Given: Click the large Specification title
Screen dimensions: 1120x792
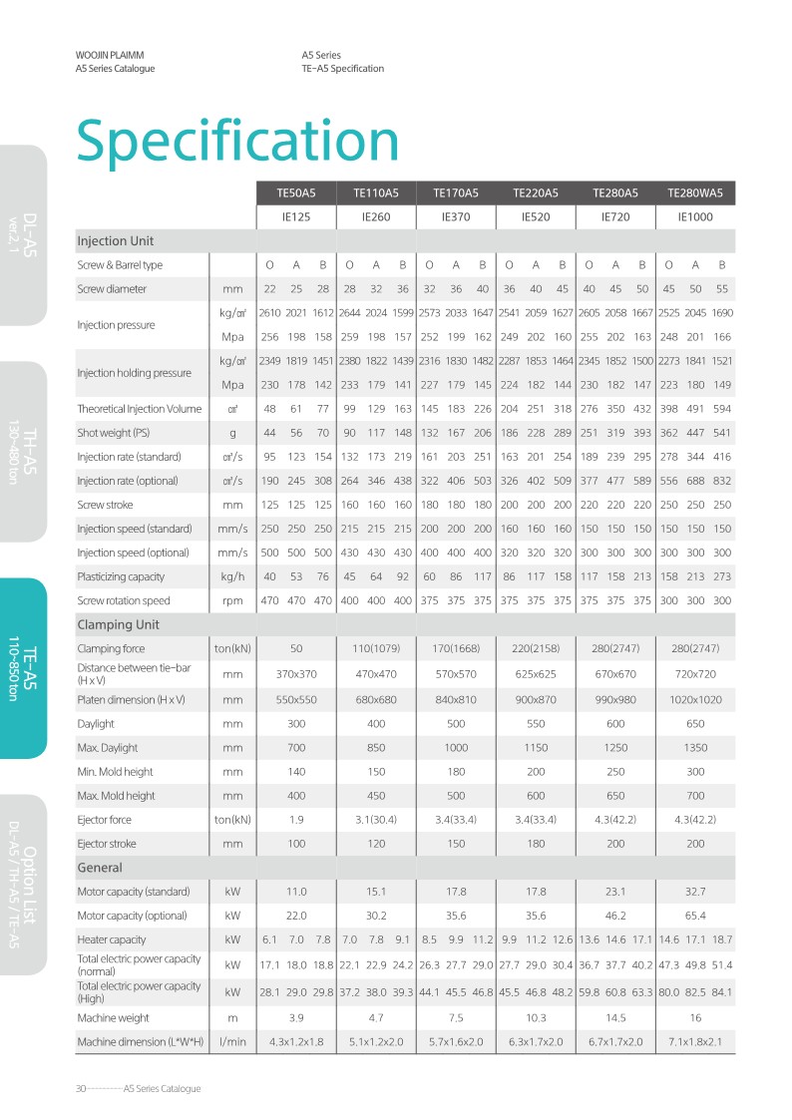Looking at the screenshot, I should (x=237, y=140).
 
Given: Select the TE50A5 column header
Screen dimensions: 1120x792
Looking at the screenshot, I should (x=296, y=192).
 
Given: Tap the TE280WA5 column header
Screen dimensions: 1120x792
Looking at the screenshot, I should (x=695, y=192).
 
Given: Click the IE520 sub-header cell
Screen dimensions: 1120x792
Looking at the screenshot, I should (x=536, y=216).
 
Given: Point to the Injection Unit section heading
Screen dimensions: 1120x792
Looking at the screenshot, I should (x=116, y=241).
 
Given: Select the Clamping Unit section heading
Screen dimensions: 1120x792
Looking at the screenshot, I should (x=119, y=625).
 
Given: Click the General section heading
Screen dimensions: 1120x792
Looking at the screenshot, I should (x=100, y=868).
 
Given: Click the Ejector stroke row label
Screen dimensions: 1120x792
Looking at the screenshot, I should (x=108, y=844).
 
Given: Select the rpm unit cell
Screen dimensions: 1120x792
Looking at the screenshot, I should (x=232, y=600).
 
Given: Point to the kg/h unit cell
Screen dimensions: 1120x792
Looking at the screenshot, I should (x=232, y=576).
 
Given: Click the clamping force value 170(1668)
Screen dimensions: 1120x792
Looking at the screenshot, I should (x=456, y=649).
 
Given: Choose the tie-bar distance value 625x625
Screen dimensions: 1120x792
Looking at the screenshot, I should (x=536, y=673).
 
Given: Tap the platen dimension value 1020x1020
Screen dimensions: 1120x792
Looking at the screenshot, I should (x=695, y=699).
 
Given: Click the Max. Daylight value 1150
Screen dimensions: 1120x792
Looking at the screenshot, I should (x=536, y=747).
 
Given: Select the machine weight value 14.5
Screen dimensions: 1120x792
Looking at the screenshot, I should (x=615, y=1018).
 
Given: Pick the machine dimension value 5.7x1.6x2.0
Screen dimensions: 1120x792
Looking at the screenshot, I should (x=456, y=1042).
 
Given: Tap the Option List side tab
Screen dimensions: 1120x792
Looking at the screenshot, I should (x=23, y=883).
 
